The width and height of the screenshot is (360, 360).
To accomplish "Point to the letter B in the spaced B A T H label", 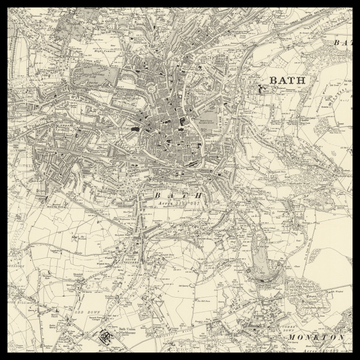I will click(x=156, y=194).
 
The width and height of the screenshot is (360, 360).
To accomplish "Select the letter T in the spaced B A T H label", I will click(x=185, y=194).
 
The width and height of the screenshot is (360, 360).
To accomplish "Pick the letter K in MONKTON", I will click(x=316, y=338).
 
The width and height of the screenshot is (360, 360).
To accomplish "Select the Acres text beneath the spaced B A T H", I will click(x=177, y=202).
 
